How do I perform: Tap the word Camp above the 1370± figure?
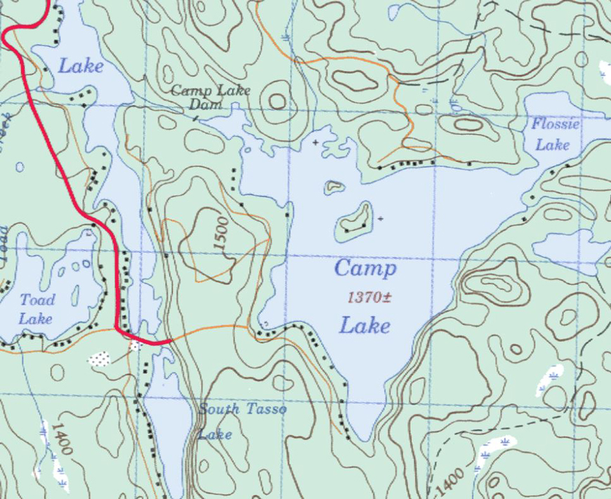[x=365, y=269]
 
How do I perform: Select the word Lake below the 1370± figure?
[x=365, y=326]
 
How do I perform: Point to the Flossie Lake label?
[x=555, y=135]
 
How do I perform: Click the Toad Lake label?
[x=37, y=309]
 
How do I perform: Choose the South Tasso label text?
[x=242, y=409]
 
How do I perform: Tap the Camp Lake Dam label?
[x=202, y=98]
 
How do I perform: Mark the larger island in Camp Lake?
[x=355, y=219]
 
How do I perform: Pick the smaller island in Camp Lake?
[x=334, y=187]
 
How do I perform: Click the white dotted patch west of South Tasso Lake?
[x=100, y=359]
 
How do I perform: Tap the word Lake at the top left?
[x=80, y=67]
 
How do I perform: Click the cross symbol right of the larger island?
[x=381, y=219]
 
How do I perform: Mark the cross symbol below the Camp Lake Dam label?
[x=315, y=142]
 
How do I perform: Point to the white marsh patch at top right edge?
[x=604, y=69]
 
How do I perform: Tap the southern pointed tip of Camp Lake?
[x=365, y=439]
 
